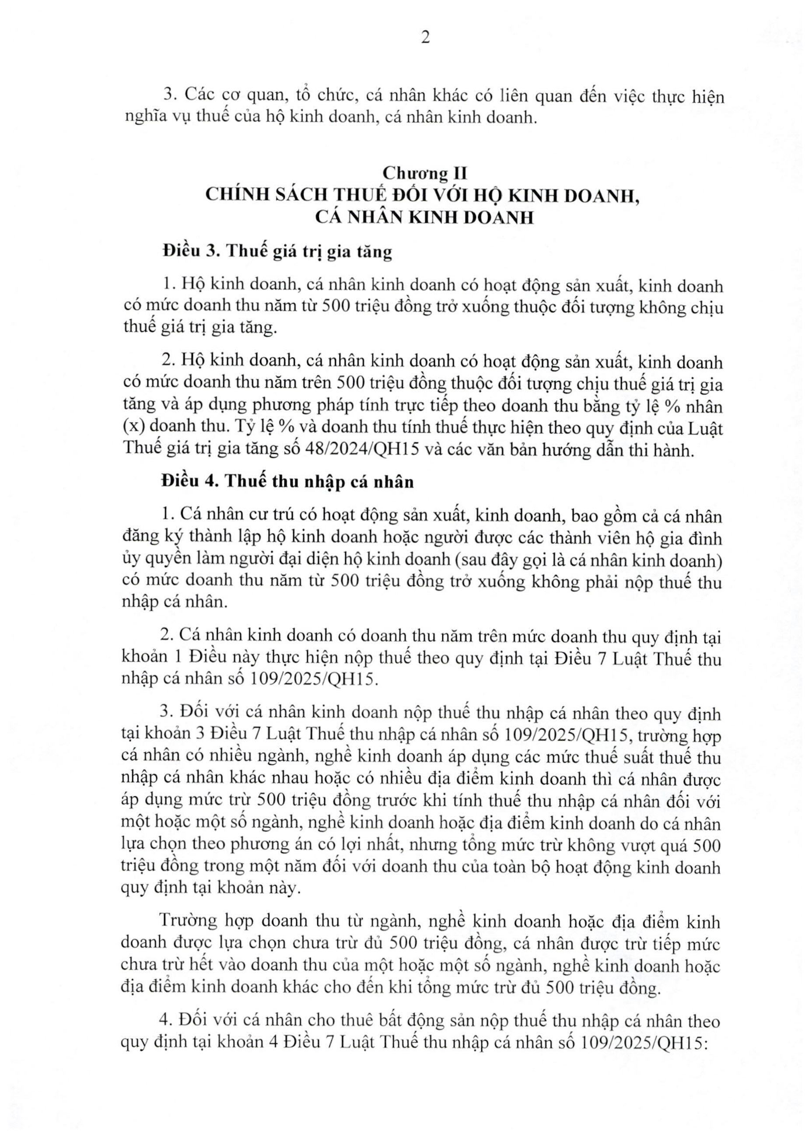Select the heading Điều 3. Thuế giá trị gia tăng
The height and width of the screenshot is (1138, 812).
click(x=277, y=252)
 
